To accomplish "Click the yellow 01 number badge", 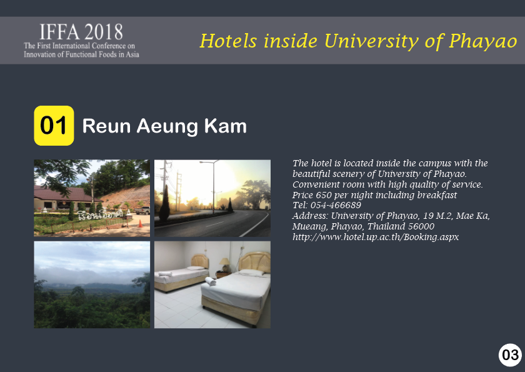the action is tap(54, 126).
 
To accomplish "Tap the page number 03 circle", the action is tap(510, 355).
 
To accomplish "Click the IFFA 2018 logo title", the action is tap(81, 32).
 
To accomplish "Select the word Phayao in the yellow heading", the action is tap(483, 41).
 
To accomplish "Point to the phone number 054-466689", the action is tap(336, 205).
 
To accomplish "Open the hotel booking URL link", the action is tap(376, 237).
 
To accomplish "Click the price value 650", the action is tap(324, 195).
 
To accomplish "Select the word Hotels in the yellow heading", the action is tap(229, 41).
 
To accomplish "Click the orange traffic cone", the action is tap(140, 223).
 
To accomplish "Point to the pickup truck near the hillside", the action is tap(142, 211).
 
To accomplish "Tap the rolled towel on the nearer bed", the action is tap(210, 281).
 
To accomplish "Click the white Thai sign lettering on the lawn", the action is tap(100, 214).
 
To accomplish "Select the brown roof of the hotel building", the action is tap(64, 194).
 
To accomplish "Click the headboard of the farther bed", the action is tap(200, 261).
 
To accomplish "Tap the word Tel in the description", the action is tap(299, 205).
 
